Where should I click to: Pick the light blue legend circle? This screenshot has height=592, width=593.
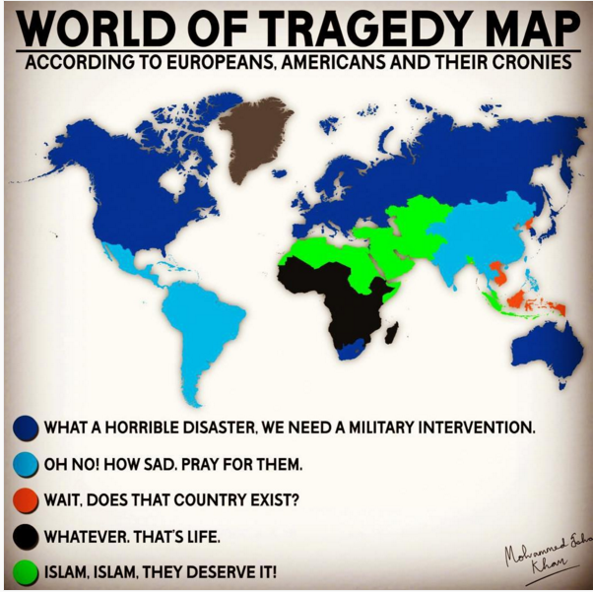(x=27, y=464)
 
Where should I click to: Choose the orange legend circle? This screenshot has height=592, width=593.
(x=27, y=500)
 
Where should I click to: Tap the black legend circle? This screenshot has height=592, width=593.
(x=27, y=537)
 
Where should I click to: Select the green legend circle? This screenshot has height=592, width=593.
(x=27, y=572)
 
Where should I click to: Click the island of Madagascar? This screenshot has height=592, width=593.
(x=391, y=333)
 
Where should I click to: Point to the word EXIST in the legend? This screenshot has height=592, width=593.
(x=275, y=500)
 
